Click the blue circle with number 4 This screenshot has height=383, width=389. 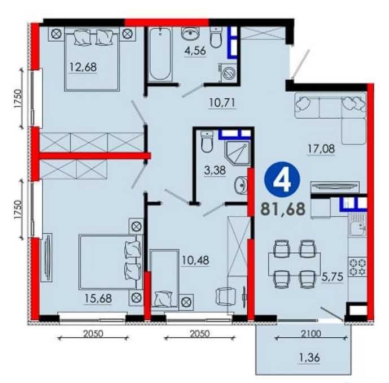coord(282,180)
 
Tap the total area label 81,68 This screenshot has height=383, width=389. coord(283,209)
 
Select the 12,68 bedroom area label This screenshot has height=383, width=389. coord(83,67)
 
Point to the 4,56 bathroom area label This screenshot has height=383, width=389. coord(195,51)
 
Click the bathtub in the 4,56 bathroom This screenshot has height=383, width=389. coord(160,53)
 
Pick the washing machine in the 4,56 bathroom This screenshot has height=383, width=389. coord(228,73)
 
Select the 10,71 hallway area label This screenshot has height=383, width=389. coord(222,103)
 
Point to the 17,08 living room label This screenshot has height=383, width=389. coord(321,149)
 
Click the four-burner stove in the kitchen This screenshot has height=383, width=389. coord(357,267)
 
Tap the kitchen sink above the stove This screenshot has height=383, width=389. coord(357,225)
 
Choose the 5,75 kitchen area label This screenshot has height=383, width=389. coord(333,277)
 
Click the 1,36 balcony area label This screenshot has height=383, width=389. coord(309,358)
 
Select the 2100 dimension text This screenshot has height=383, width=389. coord(311,333)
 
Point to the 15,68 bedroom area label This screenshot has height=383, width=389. coord(98,298)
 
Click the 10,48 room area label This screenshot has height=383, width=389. coord(195,260)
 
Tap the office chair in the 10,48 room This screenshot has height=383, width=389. coord(225,297)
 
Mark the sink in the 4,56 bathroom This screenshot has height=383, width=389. coord(190,33)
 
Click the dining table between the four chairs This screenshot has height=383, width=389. coord(295,264)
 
